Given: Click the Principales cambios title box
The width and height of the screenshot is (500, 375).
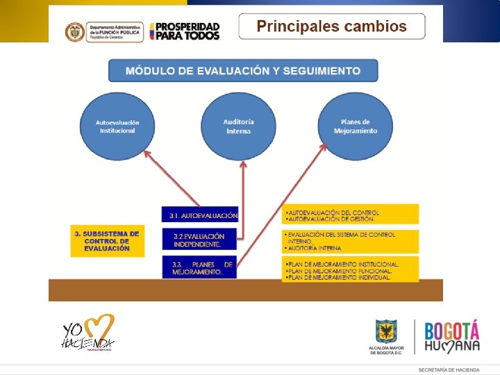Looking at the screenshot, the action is tap(331, 27).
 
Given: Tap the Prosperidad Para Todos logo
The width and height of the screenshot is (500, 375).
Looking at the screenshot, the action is tap(184, 31).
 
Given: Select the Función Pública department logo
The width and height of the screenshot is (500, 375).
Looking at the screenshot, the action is tap(104, 31).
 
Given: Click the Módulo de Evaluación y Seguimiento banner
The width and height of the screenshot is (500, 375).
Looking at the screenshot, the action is tap(243, 71).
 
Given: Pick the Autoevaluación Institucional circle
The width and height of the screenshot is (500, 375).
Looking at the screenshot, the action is tap(117, 126).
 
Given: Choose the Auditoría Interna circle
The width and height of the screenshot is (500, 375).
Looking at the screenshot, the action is tap(238, 126).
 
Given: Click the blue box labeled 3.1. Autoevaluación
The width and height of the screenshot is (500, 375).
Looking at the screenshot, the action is tap(200, 215).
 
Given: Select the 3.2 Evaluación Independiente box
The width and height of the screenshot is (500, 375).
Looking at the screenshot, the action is tap(200, 240).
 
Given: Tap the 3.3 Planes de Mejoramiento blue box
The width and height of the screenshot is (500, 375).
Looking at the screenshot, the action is tap(200, 268).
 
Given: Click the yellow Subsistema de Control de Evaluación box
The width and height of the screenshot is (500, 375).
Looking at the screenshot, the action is tap(107, 240).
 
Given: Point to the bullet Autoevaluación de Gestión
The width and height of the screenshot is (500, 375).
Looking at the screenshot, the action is tap(333, 219).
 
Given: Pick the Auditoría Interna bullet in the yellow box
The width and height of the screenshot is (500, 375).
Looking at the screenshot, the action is tap(315, 248).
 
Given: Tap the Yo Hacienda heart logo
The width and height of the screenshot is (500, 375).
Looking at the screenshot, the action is tap(88, 333).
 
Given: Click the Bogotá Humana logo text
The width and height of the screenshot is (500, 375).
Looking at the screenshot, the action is tap(452, 337).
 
